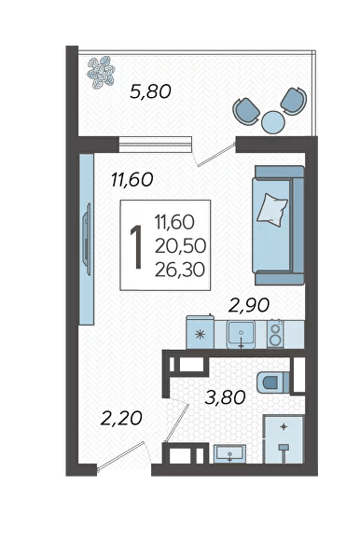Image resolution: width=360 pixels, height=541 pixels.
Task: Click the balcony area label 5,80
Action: pyautogui.click(x=150, y=91)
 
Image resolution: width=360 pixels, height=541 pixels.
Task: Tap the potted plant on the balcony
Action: pyautogui.click(x=101, y=72)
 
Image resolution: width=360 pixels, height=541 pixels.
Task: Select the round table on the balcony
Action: pyautogui.click(x=273, y=122)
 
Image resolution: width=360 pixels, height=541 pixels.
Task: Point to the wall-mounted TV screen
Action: pyautogui.click(x=87, y=239)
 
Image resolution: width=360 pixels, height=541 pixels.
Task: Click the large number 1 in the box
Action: pyautogui.click(x=136, y=246)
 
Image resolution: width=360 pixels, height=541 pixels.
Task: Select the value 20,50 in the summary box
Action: pyautogui.click(x=180, y=245)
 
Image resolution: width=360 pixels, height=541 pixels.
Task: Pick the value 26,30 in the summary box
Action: pyautogui.click(x=180, y=270)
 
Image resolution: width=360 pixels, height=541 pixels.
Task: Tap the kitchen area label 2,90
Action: pyautogui.click(x=249, y=305)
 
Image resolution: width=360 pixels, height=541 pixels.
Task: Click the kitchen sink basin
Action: pyautogui.click(x=241, y=334)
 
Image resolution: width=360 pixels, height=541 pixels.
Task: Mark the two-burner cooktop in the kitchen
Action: pyautogui.click(x=275, y=334)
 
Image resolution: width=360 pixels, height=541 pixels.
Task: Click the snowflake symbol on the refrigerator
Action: pyautogui.click(x=200, y=334)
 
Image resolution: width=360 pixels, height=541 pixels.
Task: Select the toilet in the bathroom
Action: pyautogui.click(x=273, y=382)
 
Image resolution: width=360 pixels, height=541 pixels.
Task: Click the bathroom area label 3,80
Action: pyautogui.click(x=225, y=397)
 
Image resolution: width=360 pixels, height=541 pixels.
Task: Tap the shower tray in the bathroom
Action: pyautogui.click(x=284, y=439)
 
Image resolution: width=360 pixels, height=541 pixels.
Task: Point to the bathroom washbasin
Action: pyautogui.click(x=229, y=453)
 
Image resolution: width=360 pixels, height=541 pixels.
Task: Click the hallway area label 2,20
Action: pyautogui.click(x=121, y=418)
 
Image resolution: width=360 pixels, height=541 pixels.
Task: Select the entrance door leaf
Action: pyautogui.click(x=120, y=456)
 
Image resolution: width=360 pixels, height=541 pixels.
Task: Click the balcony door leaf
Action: pyautogui.click(x=217, y=154)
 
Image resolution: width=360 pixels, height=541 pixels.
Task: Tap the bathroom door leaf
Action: pyautogui.click(x=177, y=423)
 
